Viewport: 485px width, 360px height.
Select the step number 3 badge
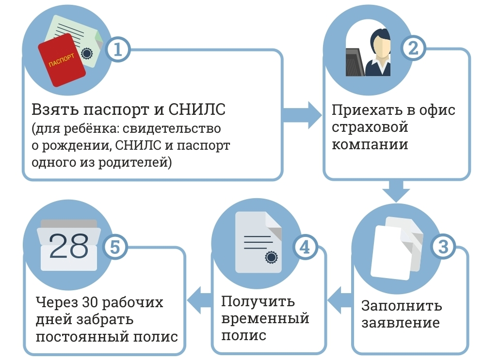(443, 247)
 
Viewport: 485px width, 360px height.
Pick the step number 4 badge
(304, 248)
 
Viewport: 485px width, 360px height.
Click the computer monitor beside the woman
(355, 61)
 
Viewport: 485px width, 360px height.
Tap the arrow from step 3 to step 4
(339, 302)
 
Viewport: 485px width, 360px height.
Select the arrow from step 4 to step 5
(199, 302)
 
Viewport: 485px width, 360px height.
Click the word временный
(265, 318)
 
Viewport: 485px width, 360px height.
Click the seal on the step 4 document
(270, 257)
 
